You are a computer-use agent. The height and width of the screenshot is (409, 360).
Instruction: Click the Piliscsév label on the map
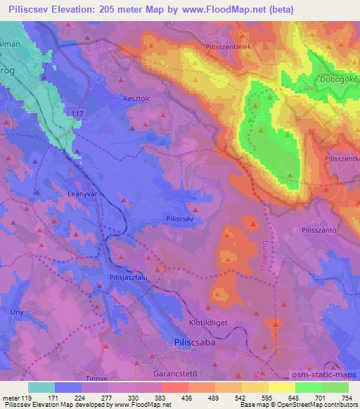click(180, 219)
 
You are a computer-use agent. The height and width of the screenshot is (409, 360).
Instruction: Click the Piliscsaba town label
click(193, 344)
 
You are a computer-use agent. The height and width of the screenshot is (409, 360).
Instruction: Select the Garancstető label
click(178, 367)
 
